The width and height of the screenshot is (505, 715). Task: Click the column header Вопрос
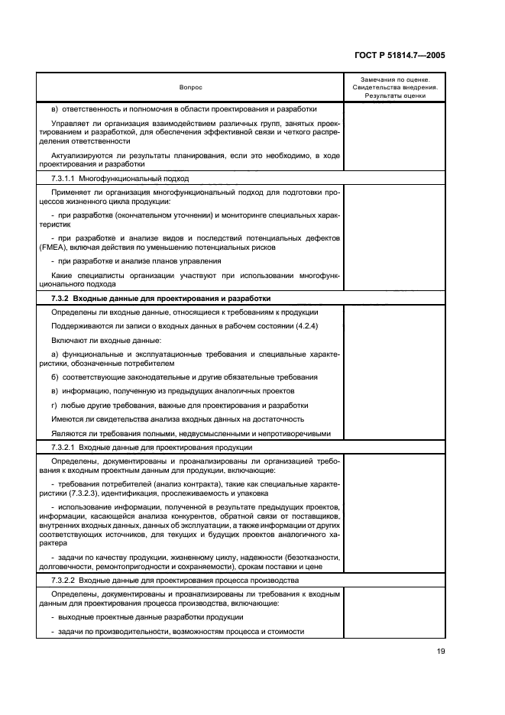pos(190,87)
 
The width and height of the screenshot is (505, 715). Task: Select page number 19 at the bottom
pos(441,652)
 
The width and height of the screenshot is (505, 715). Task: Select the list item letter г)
pos(53,406)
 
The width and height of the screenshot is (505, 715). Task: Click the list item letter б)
pos(54,378)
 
